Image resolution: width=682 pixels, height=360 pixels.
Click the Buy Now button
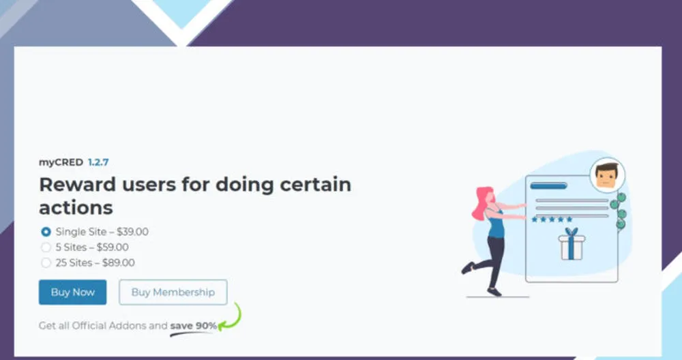click(73, 292)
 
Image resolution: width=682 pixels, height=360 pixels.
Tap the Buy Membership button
click(173, 292)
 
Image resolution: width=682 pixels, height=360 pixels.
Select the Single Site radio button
click(46, 232)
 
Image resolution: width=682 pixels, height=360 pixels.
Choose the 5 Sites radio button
click(46, 247)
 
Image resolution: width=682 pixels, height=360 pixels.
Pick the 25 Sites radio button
click(46, 262)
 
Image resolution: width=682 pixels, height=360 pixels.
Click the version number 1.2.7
click(98, 162)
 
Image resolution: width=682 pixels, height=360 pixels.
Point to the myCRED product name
click(61, 162)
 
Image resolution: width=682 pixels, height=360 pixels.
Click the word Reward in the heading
click(78, 184)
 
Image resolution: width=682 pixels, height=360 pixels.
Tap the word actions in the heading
click(76, 208)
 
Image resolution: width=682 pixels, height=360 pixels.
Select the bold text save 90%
click(193, 326)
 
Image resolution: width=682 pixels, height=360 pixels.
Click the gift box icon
click(572, 244)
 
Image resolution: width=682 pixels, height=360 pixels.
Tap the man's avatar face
click(607, 176)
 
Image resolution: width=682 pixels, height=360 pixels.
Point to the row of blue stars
click(552, 220)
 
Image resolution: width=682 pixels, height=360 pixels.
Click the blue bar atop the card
click(548, 186)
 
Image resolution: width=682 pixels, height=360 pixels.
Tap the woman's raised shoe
click(468, 267)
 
